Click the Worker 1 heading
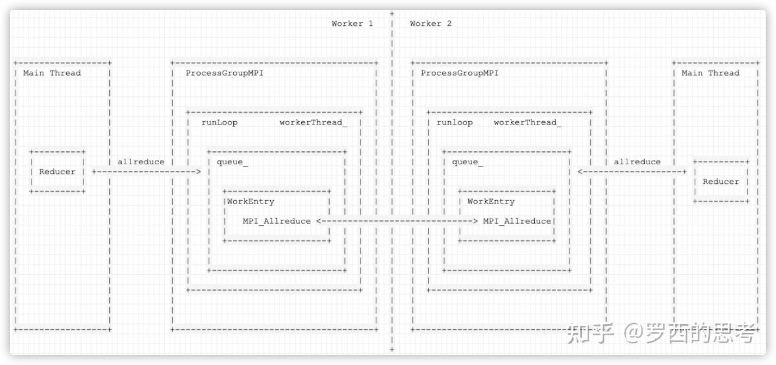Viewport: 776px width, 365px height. click(x=352, y=24)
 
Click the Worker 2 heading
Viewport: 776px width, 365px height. click(x=431, y=24)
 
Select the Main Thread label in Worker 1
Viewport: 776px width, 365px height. click(x=52, y=73)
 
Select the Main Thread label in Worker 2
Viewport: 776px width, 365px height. click(x=710, y=73)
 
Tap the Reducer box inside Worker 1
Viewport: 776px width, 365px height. click(x=57, y=172)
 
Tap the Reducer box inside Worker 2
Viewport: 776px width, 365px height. click(x=721, y=182)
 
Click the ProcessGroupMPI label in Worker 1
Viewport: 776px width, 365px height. click(x=224, y=73)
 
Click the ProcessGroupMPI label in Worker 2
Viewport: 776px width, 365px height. click(x=460, y=73)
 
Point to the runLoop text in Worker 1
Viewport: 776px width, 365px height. click(x=220, y=122)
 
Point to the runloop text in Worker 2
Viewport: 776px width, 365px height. click(x=455, y=122)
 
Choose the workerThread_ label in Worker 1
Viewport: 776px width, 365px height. click(x=313, y=122)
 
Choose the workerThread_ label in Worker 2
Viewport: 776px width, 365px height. click(x=528, y=122)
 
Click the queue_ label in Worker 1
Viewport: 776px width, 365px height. click(x=233, y=162)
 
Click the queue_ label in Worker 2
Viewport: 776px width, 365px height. click(x=468, y=162)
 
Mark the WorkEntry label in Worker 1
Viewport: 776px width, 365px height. click(x=251, y=201)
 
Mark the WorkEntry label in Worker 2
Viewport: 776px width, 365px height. click(x=491, y=201)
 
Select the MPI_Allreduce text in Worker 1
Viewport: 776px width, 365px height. click(x=276, y=221)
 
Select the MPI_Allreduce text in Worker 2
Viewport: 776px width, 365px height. click(x=517, y=221)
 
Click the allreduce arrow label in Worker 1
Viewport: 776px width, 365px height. click(x=141, y=162)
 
